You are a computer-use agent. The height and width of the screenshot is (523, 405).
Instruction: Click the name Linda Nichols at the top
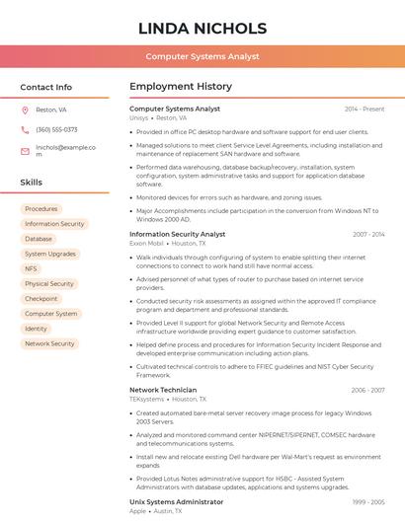[202, 28]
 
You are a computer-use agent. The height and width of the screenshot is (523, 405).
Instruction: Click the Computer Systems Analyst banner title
[202, 56]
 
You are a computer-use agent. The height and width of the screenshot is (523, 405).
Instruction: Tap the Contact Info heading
[46, 87]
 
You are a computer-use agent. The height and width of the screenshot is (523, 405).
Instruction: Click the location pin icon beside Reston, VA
[25, 111]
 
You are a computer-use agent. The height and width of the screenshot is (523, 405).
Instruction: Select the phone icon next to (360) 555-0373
[25, 130]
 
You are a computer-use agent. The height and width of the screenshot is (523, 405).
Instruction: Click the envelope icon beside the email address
[25, 151]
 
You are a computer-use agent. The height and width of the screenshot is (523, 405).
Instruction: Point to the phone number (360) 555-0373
[56, 130]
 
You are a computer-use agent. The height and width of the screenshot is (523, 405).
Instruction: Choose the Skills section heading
[32, 183]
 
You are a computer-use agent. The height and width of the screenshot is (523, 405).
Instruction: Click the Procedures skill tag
[41, 209]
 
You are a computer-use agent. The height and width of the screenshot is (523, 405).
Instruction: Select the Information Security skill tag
[54, 224]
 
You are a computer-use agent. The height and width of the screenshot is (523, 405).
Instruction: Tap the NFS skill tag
[32, 269]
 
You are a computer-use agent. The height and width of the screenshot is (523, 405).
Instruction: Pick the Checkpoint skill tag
[41, 299]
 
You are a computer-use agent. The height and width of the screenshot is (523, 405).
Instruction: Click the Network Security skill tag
[49, 344]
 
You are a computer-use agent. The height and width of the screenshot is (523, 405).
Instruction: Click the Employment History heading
[181, 87]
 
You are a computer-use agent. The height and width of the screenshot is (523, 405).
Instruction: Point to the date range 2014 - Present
[364, 109]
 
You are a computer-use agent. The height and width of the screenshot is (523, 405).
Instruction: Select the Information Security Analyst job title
[184, 235]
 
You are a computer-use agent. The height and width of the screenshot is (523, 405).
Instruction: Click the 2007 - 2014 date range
[368, 235]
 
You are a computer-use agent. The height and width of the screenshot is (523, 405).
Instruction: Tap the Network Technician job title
[163, 390]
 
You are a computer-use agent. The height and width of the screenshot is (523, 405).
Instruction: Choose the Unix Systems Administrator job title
[177, 502]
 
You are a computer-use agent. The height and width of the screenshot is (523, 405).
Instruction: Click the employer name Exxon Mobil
[146, 243]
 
